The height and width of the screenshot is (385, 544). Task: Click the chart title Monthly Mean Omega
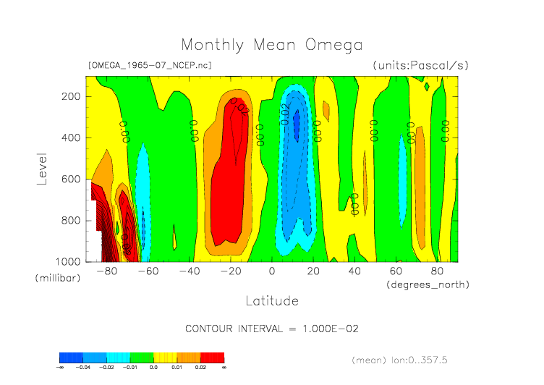click(271, 45)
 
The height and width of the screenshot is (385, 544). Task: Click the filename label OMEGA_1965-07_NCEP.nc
click(149, 65)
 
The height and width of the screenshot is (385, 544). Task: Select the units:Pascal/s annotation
click(421, 65)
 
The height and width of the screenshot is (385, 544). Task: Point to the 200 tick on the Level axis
click(70, 96)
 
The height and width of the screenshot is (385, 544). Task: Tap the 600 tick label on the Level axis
click(70, 179)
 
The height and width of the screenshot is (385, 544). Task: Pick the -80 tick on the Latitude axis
click(106, 271)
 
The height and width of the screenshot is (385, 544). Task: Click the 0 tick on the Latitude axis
click(272, 271)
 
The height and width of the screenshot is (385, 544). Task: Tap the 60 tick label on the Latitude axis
click(396, 271)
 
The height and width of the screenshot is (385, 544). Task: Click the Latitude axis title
click(271, 300)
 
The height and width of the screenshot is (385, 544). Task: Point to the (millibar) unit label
click(56, 278)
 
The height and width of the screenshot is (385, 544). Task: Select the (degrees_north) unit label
click(428, 284)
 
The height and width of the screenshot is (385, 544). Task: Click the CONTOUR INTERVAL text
click(272, 329)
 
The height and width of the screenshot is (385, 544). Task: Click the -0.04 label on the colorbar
click(83, 368)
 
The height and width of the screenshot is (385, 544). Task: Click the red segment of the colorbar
click(213, 357)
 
